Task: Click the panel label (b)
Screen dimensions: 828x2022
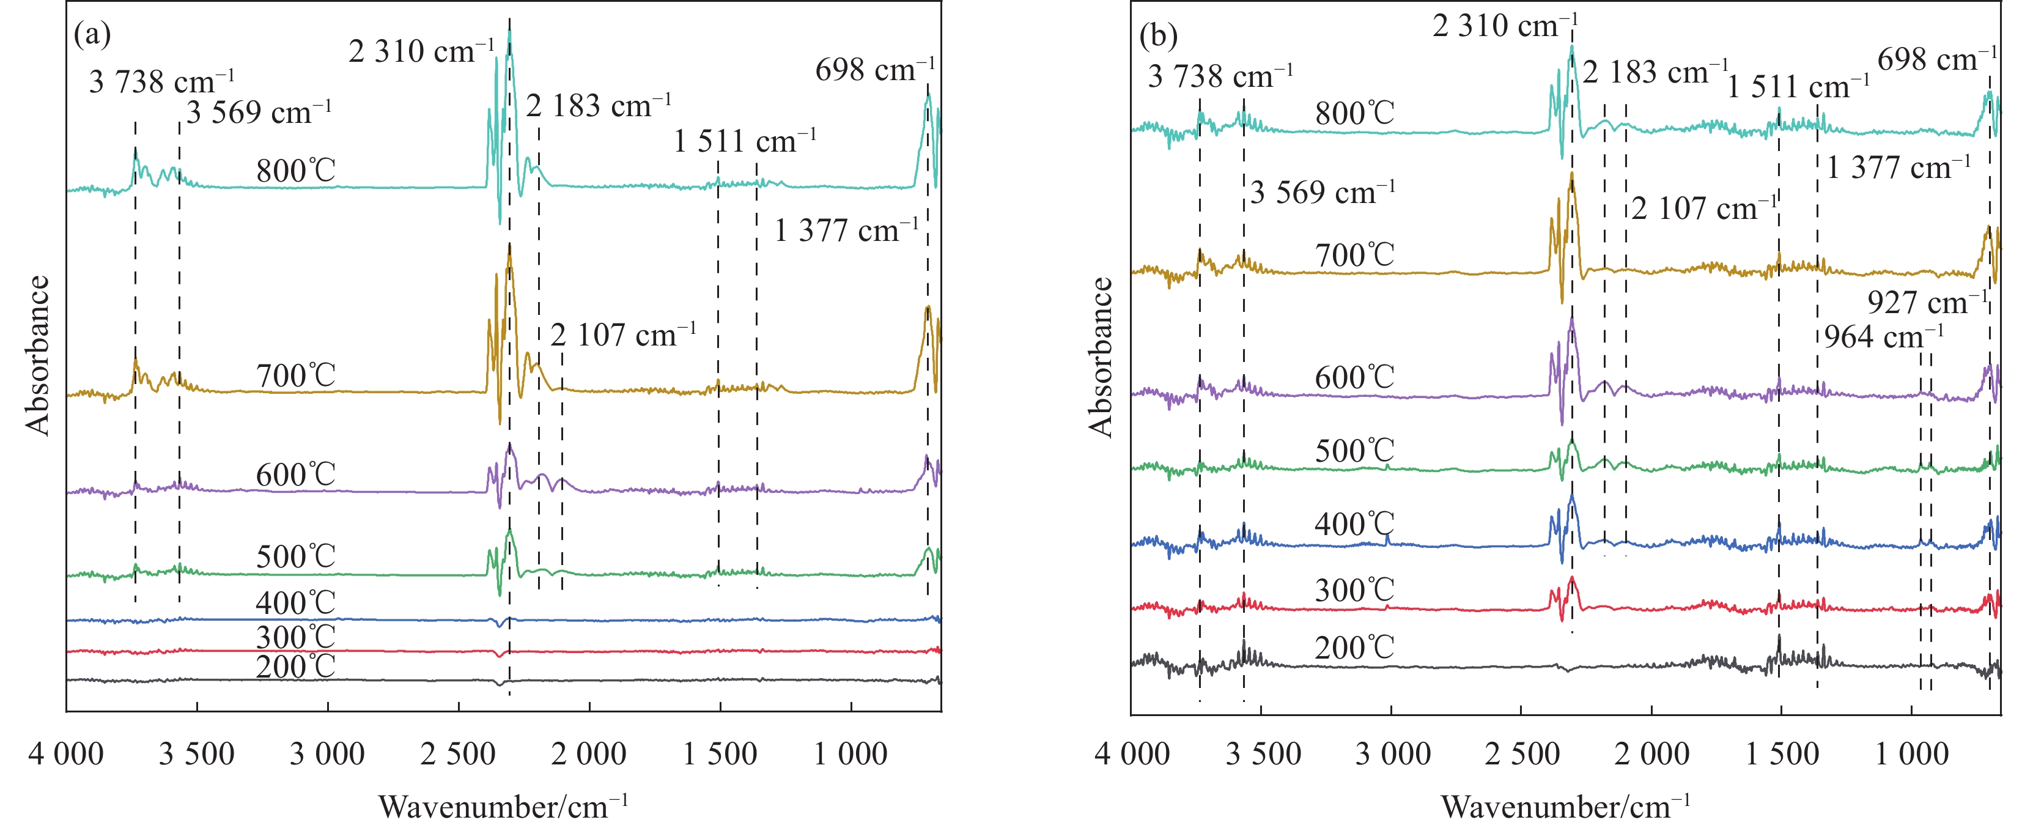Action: (x=1158, y=35)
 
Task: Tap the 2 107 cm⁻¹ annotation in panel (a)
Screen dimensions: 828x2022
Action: (x=622, y=335)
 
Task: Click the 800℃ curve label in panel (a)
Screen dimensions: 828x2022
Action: (x=295, y=171)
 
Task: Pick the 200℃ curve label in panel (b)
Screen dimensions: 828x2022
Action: (x=1355, y=648)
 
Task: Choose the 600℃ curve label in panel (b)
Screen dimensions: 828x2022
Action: (x=1355, y=377)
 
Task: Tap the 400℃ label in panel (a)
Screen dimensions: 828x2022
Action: (x=295, y=603)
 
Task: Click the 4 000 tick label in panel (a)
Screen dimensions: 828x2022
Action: (x=66, y=754)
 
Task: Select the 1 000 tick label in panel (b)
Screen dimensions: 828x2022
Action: (x=1912, y=754)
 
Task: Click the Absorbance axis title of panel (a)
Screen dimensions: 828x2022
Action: (x=37, y=355)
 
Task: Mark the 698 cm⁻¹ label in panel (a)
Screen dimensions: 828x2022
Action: (x=874, y=70)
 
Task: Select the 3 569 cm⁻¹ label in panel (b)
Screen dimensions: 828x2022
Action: (x=1323, y=192)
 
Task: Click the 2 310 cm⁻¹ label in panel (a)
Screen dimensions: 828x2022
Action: (x=421, y=52)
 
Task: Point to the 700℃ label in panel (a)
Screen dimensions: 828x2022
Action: (x=295, y=376)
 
